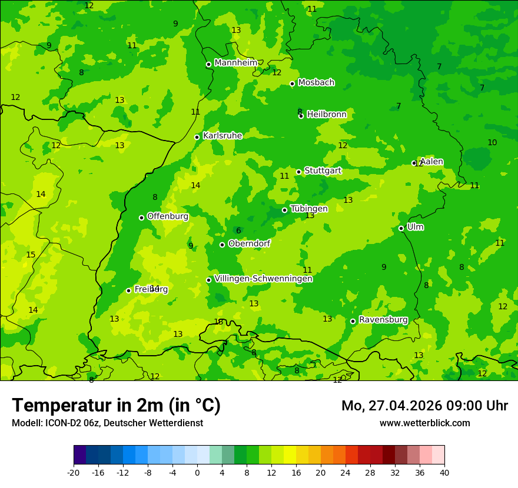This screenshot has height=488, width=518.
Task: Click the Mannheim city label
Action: pyautogui.click(x=235, y=63)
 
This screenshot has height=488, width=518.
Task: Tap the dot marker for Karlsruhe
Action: pyautogui.click(x=197, y=137)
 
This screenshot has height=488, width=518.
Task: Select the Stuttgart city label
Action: pyautogui.click(x=323, y=171)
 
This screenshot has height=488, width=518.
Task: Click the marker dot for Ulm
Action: pyautogui.click(x=401, y=228)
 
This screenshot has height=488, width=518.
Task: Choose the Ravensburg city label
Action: pyautogui.click(x=383, y=320)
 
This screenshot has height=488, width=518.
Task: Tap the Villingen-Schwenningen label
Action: pyautogui.click(x=263, y=279)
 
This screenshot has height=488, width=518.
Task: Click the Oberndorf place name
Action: pyautogui.click(x=250, y=243)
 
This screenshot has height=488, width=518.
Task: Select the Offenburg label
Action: pyautogui.click(x=168, y=216)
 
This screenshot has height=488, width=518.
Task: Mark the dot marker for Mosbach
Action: pyautogui.click(x=292, y=83)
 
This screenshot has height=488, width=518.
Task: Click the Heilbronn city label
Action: pyautogui.click(x=327, y=115)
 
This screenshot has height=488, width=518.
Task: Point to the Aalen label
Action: pyautogui.click(x=431, y=162)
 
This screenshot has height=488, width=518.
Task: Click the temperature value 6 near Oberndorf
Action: pyautogui.click(x=238, y=231)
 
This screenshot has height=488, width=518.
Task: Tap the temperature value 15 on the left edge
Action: pyautogui.click(x=31, y=255)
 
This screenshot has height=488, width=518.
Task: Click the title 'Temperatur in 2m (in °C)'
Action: pyautogui.click(x=116, y=406)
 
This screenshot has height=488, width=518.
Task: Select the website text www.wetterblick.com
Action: pyautogui.click(x=424, y=423)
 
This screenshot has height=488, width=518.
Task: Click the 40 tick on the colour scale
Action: pyautogui.click(x=444, y=472)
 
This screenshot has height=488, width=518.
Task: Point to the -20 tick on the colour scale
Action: pyautogui.click(x=74, y=472)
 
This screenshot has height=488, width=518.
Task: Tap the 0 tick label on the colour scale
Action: pyautogui.click(x=197, y=472)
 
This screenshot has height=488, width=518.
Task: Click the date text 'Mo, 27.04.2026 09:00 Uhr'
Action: pyautogui.click(x=424, y=406)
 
